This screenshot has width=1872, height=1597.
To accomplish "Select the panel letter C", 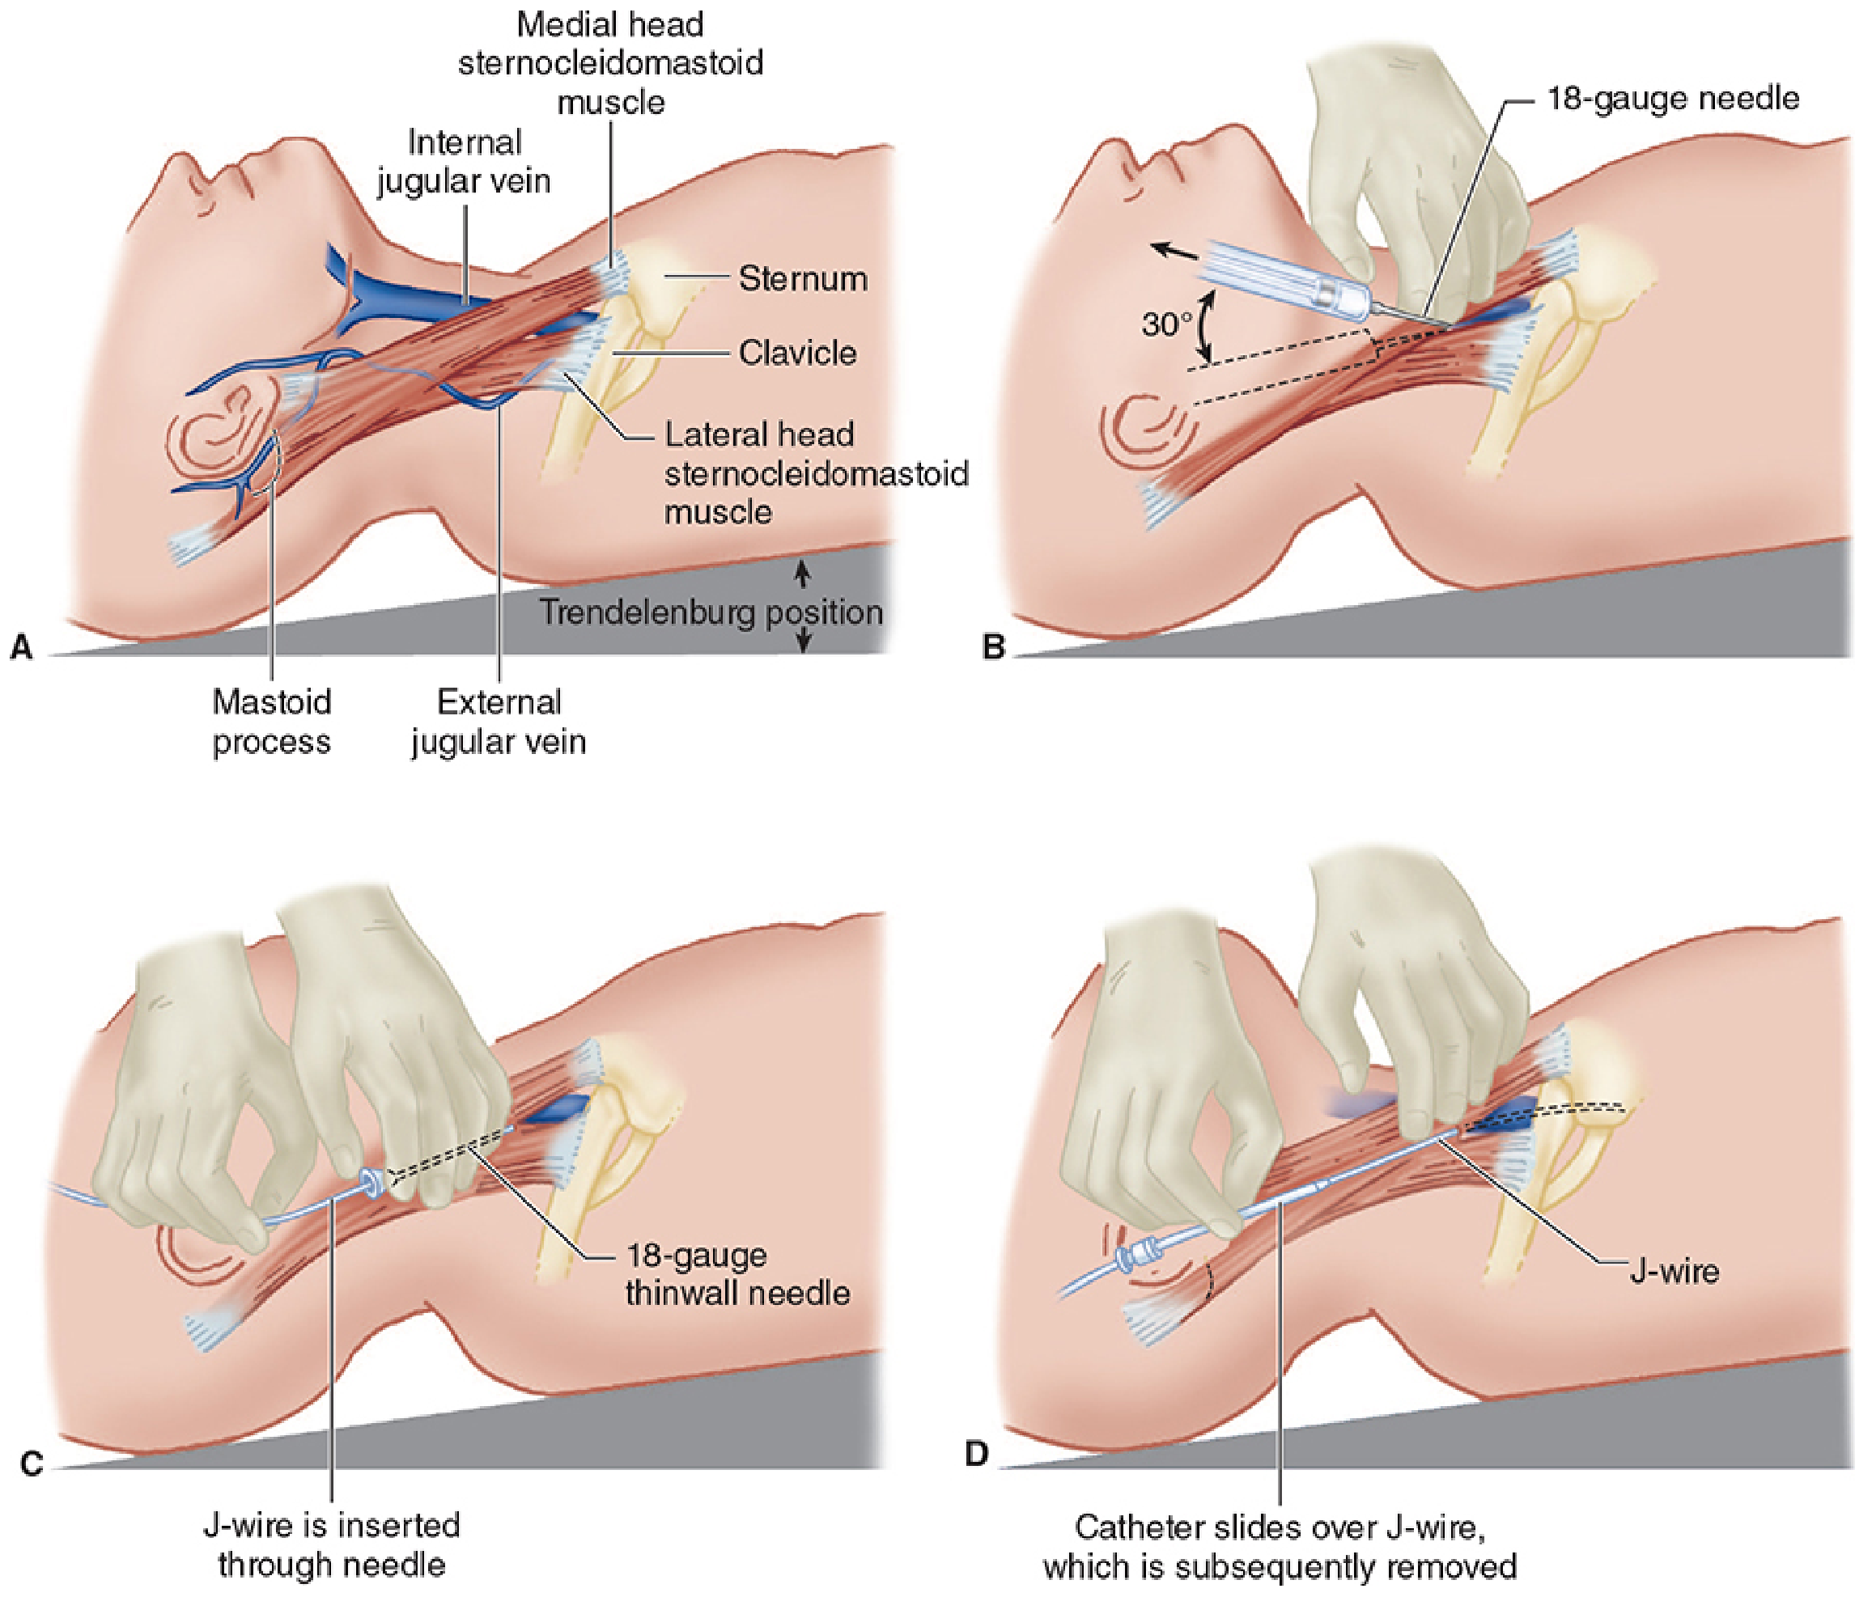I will [x=31, y=1463].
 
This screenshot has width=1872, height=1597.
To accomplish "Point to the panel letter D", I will [x=977, y=1453].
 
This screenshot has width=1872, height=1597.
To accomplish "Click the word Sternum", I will [x=802, y=278].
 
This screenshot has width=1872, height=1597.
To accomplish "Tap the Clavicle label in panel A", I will [x=797, y=352].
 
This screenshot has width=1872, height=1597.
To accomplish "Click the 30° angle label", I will [x=1166, y=324].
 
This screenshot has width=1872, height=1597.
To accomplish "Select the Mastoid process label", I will [x=271, y=721].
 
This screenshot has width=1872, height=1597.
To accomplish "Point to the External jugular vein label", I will [x=499, y=721].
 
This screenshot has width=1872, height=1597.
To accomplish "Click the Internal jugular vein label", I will [x=464, y=162].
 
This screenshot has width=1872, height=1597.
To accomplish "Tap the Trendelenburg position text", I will [x=711, y=612].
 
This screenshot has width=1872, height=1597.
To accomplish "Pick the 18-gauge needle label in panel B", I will [x=1672, y=98].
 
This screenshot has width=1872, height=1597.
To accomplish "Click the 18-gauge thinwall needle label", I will [x=736, y=1273].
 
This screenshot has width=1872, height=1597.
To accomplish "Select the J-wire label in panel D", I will [x=1673, y=1271].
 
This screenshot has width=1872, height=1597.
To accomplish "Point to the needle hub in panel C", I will [x=371, y=1183].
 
